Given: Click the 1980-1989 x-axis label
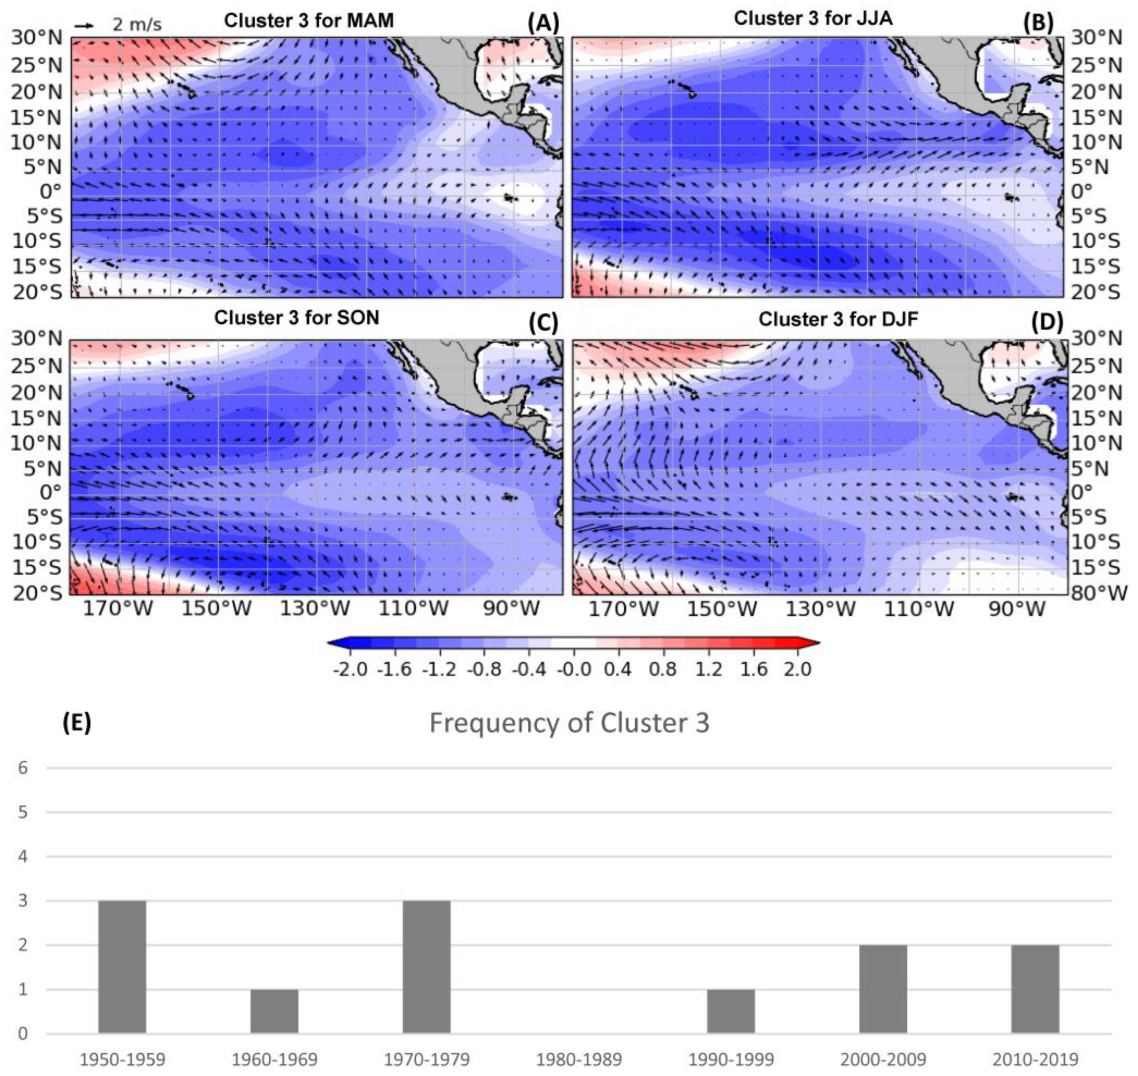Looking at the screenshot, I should tap(579, 1059).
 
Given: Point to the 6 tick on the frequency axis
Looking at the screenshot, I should tap(23, 767).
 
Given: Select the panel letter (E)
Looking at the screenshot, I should tap(77, 723).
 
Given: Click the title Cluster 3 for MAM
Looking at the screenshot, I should tap(309, 21).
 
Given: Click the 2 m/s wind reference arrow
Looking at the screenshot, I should tap(84, 26).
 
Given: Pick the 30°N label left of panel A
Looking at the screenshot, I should tap(36, 38).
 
